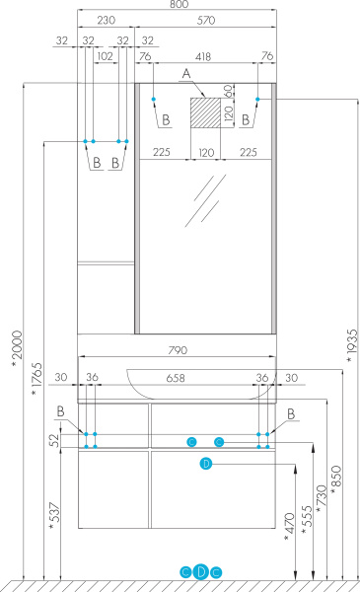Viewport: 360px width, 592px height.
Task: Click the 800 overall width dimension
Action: click(180, 4)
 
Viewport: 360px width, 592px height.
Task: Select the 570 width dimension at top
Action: click(206, 20)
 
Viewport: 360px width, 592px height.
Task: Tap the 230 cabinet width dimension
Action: click(107, 20)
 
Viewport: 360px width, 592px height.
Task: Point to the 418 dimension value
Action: click(203, 56)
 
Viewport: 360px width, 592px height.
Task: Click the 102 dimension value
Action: click(105, 56)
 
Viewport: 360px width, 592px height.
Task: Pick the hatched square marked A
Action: click(205, 112)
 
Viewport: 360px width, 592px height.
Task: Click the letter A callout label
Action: click(186, 74)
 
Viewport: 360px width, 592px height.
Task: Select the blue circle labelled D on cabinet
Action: click(206, 464)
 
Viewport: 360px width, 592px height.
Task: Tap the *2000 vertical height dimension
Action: click(17, 348)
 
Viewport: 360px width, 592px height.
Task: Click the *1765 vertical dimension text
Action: click(36, 379)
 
